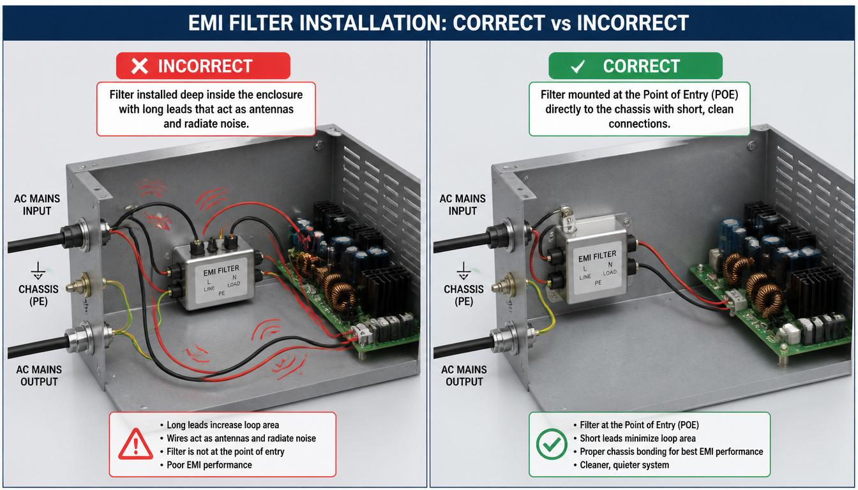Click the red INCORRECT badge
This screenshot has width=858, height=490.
203,66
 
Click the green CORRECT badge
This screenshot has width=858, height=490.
635,66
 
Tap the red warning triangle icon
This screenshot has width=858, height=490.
135,444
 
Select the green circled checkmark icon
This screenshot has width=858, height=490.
552,444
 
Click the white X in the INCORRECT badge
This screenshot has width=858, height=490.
139,66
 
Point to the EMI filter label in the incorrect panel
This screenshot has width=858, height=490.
222,281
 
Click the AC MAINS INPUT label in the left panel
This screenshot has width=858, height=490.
37,205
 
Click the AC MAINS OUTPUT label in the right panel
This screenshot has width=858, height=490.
464,376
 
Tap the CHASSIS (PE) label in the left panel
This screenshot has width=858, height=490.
38,295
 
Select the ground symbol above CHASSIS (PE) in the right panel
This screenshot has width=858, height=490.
463,271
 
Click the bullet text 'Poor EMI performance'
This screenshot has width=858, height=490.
209,464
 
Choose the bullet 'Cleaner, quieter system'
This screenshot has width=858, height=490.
624,464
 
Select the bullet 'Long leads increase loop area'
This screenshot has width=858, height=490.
223,425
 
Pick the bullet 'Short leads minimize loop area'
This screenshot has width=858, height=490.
638,438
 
